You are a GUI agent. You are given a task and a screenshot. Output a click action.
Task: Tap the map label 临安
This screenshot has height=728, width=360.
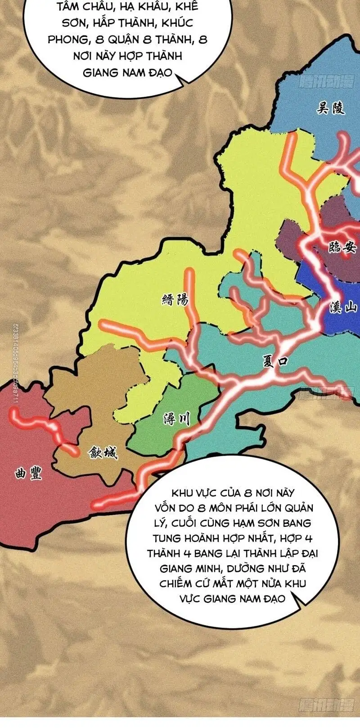click(342, 247)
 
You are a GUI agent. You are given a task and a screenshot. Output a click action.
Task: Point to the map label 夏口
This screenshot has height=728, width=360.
click(275, 361)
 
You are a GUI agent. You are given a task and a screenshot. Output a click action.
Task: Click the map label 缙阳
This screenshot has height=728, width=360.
click(175, 300)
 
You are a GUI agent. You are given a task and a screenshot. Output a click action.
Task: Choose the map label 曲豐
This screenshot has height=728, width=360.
click(28, 473)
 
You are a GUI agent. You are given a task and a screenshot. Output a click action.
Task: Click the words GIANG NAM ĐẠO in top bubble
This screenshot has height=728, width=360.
click(127, 72)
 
